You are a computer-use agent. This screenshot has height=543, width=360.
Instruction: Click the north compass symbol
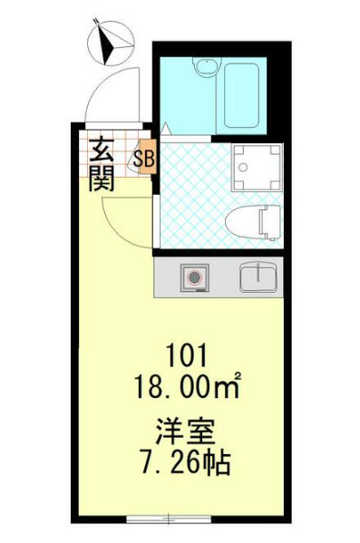coord(112,43)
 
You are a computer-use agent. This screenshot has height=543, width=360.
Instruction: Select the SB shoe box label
coord(146,160)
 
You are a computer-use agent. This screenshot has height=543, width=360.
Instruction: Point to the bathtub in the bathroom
coord(242,94)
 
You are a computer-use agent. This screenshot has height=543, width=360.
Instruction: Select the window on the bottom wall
coord(170,519)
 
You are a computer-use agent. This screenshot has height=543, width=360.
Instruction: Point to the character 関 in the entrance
coord(101,179)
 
